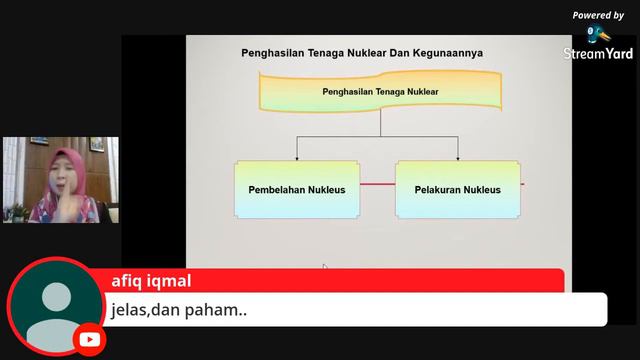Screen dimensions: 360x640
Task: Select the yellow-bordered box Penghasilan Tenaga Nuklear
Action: pyautogui.click(x=380, y=92)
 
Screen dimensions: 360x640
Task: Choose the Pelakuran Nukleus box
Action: pyautogui.click(x=457, y=188)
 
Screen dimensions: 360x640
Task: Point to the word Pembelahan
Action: pyautogui.click(x=277, y=188)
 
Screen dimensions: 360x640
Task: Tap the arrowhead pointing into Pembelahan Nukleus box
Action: pyautogui.click(x=297, y=157)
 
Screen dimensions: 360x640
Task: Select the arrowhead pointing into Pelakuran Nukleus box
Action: pyautogui.click(x=458, y=157)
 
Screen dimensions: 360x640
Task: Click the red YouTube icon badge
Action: pyautogui.click(x=89, y=339)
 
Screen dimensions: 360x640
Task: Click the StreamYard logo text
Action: pyautogui.click(x=598, y=54)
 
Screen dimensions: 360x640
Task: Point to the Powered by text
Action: pyautogui.click(x=598, y=15)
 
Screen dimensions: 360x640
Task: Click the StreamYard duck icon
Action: pyautogui.click(x=598, y=34)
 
